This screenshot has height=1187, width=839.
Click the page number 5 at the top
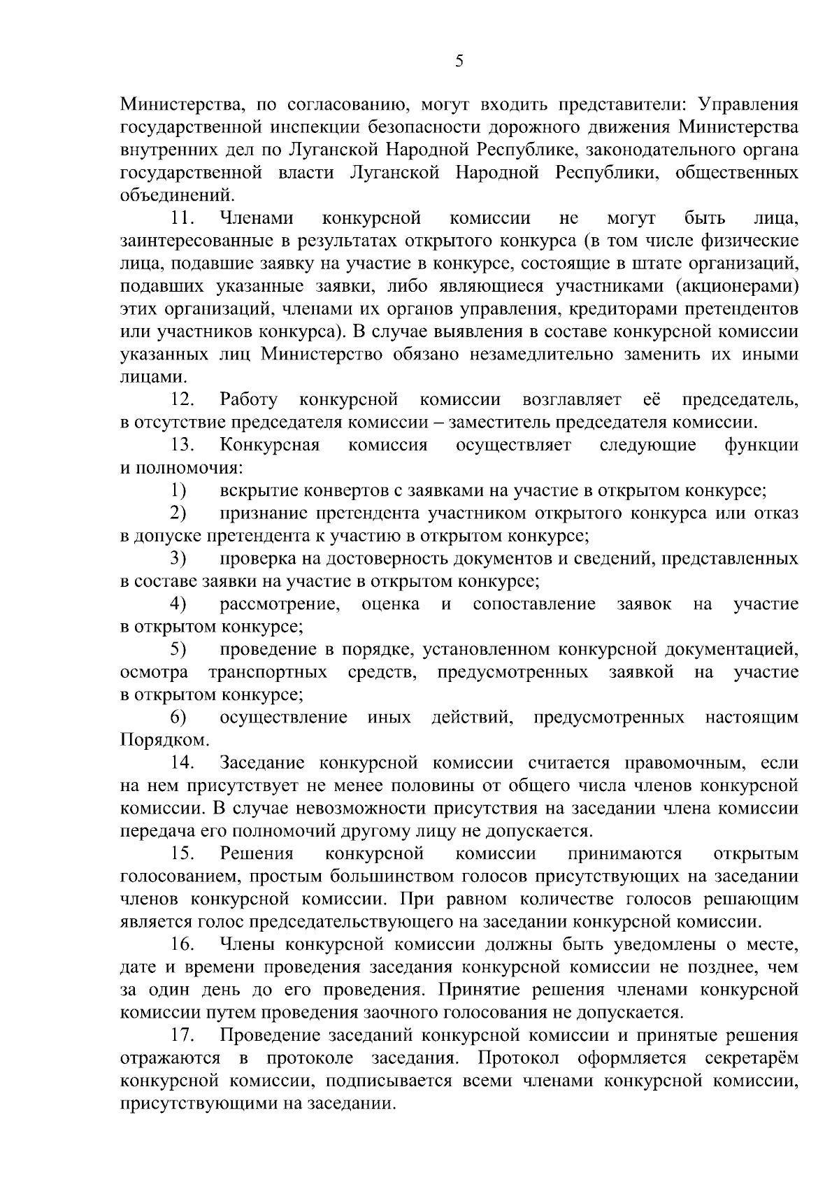pos(459,61)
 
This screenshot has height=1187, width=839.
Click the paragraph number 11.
pos(182,219)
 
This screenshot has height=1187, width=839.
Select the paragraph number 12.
pos(182,400)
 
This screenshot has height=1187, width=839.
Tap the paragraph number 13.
pos(182,446)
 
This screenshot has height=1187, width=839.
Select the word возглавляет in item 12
pos(571,400)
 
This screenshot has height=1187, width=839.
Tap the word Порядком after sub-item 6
pos(163,740)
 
